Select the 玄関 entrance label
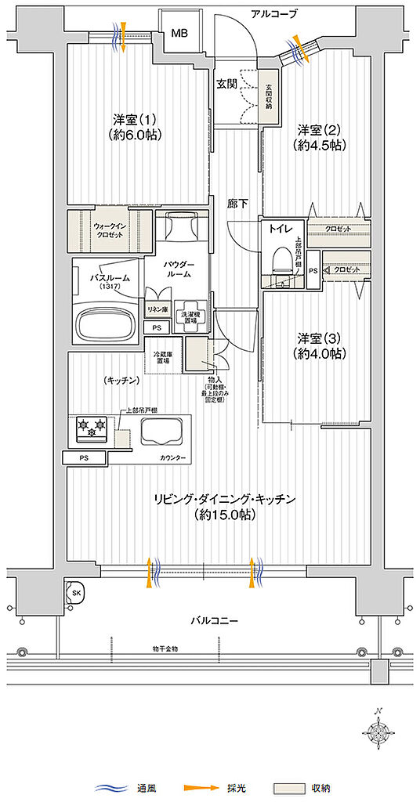pos(227,83)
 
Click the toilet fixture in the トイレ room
pos(279,258)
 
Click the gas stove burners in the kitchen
pos(91,428)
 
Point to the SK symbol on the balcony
pos(77,593)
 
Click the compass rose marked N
pos(381,732)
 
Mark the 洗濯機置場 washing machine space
pos(190,317)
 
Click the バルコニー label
pos(213,620)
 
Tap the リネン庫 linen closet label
pos(157,310)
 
